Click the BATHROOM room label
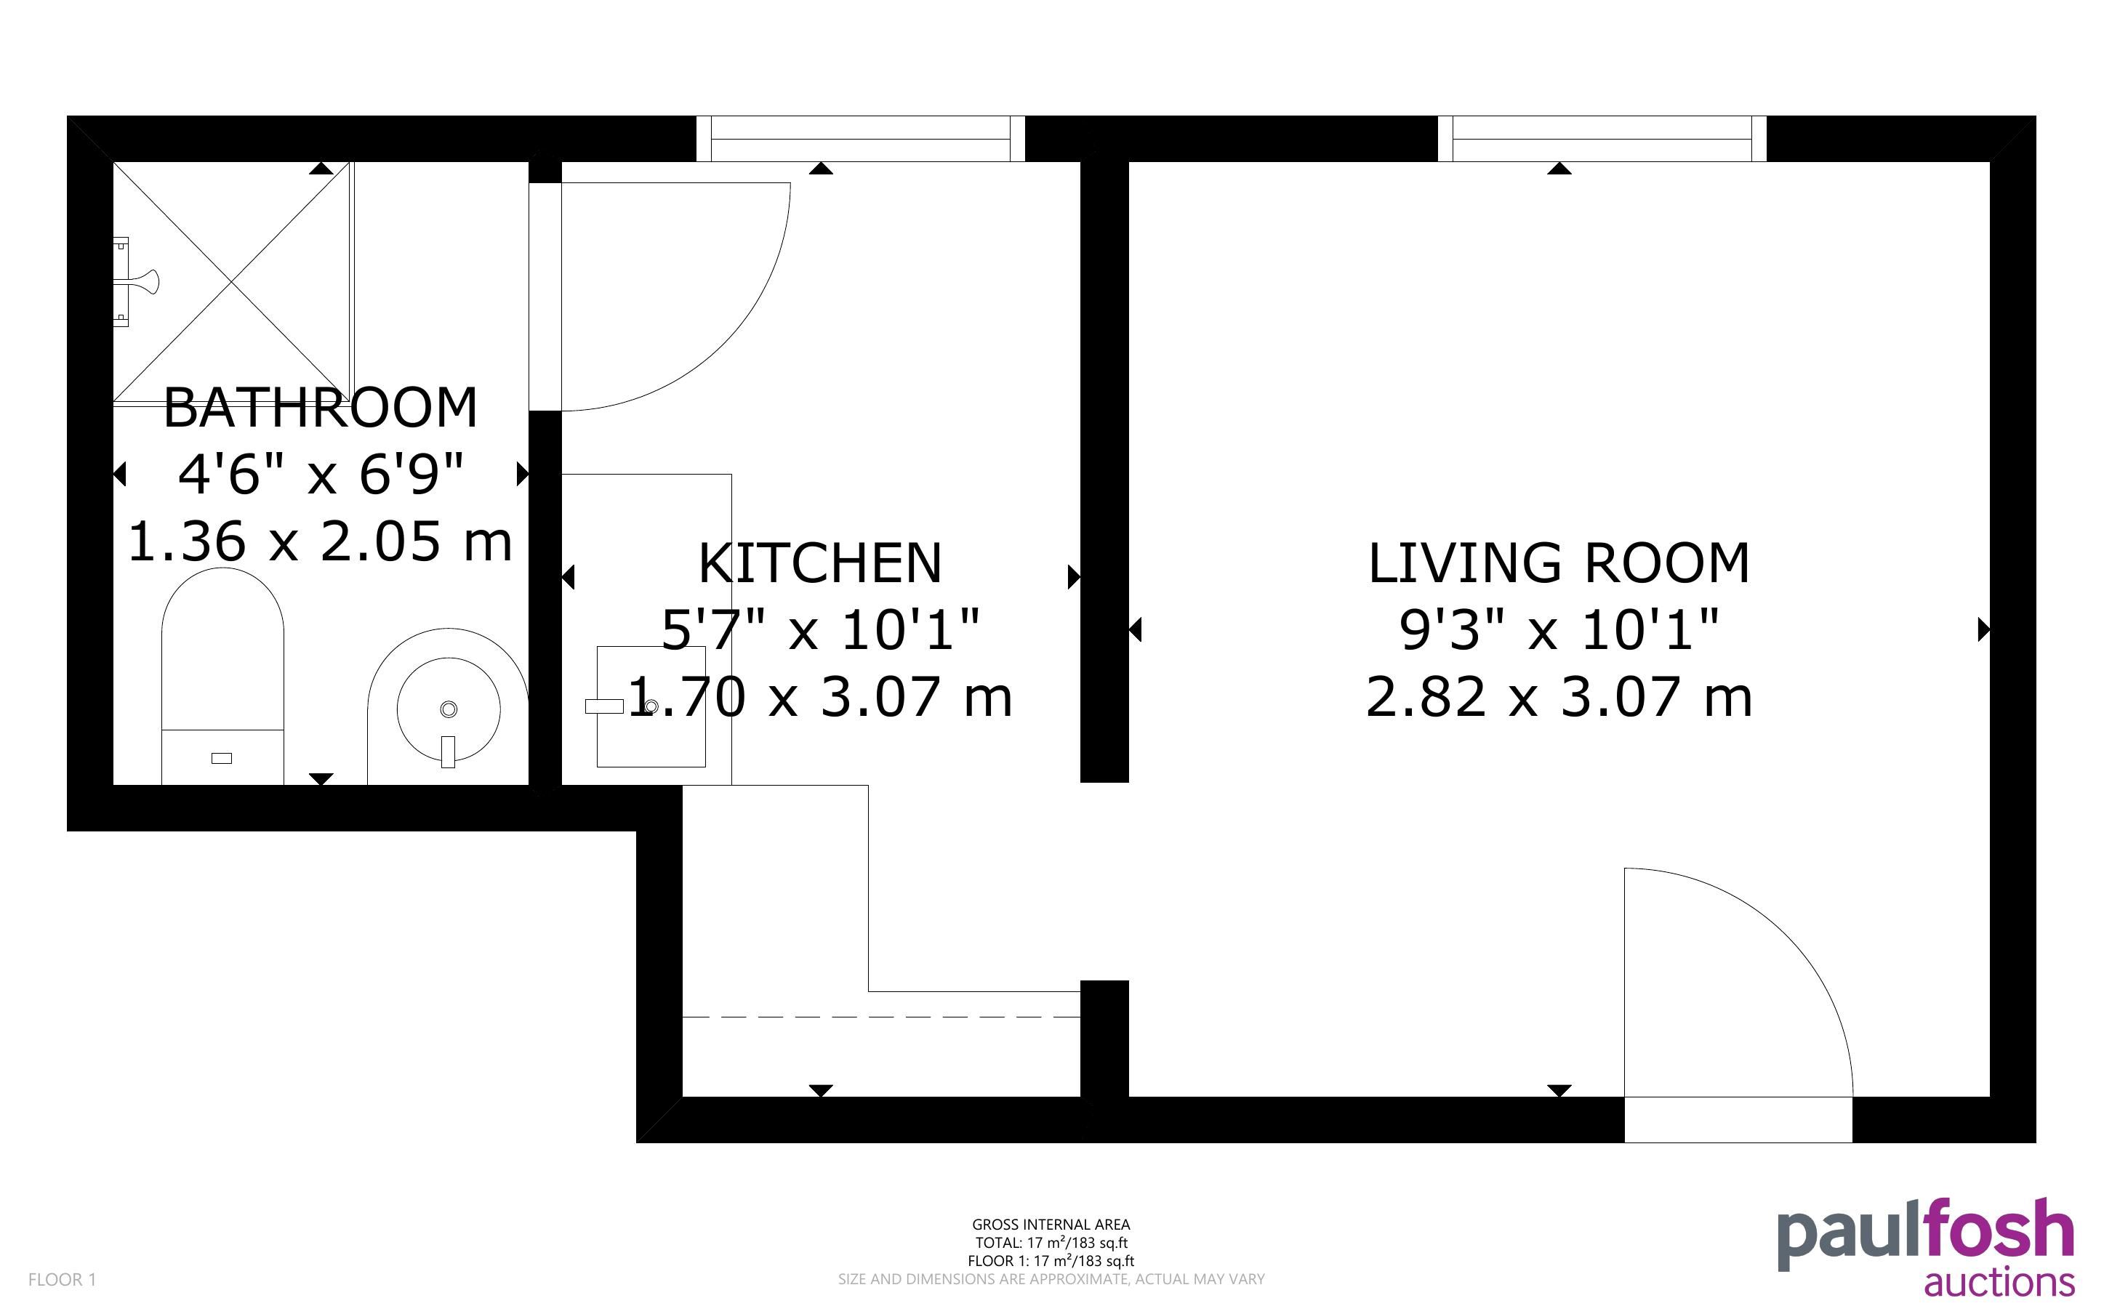(321, 407)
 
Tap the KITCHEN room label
(820, 563)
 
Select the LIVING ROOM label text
(1559, 563)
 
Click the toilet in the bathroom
(222, 676)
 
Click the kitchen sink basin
(651, 706)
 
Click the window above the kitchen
(860, 139)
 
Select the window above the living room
(1602, 139)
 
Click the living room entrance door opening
(1738, 1119)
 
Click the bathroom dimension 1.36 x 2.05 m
(321, 541)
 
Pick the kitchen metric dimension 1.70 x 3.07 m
(820, 697)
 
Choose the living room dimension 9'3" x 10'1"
(1559, 629)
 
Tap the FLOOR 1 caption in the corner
(62, 1279)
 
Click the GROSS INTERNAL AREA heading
(1051, 1225)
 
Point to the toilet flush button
(222, 758)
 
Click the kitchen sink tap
(605, 706)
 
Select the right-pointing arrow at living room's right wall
(1984, 629)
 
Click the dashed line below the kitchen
(881, 1016)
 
